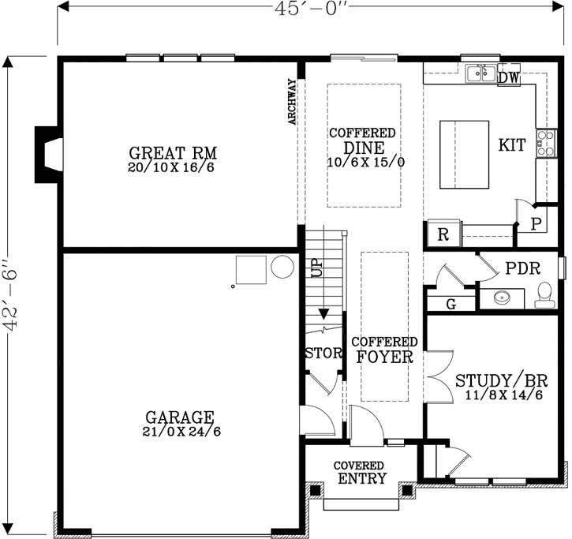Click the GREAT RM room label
[173, 152]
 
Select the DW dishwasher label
[508, 77]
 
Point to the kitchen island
[464, 154]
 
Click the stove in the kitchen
[545, 144]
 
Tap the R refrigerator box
[443, 234]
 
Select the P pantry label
[535, 223]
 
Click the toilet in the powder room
[544, 295]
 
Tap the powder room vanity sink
[501, 298]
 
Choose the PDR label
[522, 268]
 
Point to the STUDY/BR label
[499, 380]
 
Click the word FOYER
[384, 357]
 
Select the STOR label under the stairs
[323, 353]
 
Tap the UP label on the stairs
[317, 268]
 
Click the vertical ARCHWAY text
[292, 101]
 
